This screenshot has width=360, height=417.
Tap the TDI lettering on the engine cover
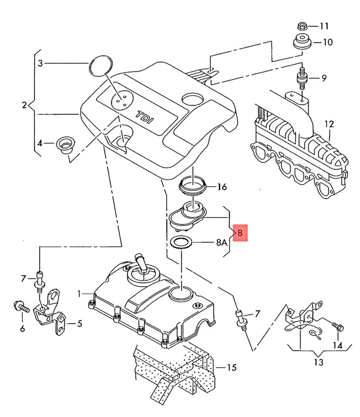pos(143,117)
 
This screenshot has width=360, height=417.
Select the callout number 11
pos(324,26)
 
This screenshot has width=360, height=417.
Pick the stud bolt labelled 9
pos(300,79)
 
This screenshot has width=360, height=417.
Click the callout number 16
pos(222,187)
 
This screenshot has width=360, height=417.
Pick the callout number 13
pos(318,362)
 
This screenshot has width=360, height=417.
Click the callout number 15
pos(231,368)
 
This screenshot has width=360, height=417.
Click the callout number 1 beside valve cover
pos(80,294)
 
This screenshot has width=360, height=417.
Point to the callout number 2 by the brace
pos(25,105)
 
